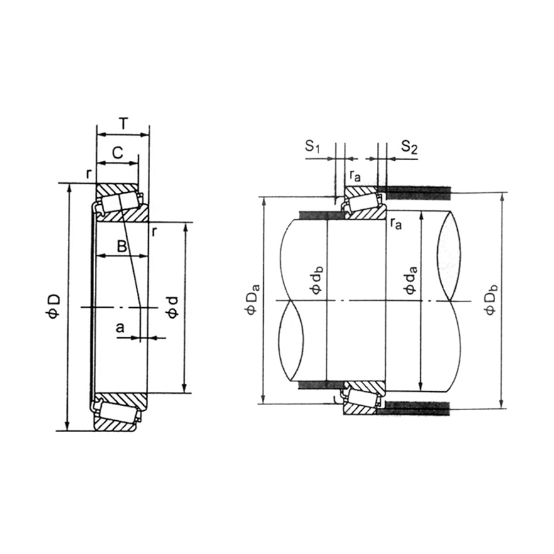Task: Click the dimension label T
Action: [x=123, y=124]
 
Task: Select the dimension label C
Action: [x=117, y=152]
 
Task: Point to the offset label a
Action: [x=120, y=327]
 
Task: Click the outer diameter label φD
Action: [x=55, y=306]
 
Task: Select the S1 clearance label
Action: [x=313, y=147]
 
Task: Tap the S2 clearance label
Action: [x=409, y=147]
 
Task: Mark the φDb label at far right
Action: [x=491, y=300]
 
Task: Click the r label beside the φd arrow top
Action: [x=155, y=232]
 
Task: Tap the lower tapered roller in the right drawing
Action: [x=362, y=398]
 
